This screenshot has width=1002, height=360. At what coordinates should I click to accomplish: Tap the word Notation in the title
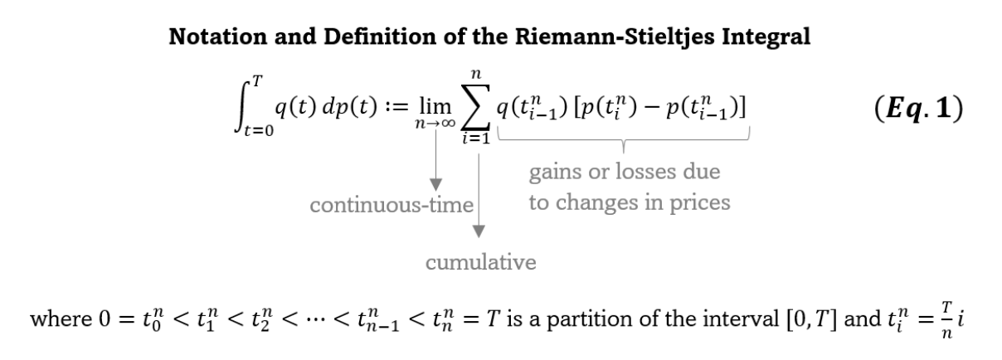pos(217,36)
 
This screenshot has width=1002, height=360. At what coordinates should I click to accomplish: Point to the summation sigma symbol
pos(476,107)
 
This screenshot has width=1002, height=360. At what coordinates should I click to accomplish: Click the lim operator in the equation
pos(435,106)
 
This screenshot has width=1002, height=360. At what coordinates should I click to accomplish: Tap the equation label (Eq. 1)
pos(918,108)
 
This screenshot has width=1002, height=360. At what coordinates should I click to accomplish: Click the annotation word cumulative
pos(480,262)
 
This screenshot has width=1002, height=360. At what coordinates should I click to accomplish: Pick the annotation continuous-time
pos(392,205)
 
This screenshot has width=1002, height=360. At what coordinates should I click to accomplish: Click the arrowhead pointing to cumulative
pos(479,231)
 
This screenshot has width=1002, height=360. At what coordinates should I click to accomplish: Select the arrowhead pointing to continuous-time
pos(435,185)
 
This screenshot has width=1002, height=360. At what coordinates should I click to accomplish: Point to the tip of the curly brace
pos(624,153)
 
